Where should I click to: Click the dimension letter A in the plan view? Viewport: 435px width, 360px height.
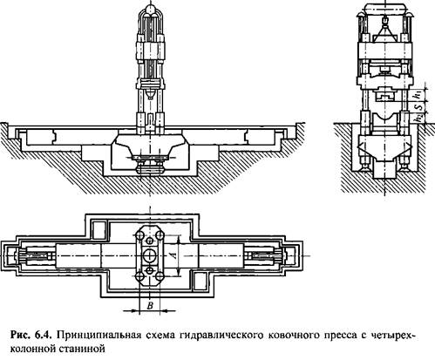coord(173,255)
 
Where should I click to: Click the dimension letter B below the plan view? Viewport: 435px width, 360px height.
coord(150,306)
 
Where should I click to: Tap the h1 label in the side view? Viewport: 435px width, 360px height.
coord(418,94)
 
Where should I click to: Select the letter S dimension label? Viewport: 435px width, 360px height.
coord(418,107)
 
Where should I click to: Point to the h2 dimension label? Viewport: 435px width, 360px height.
coord(418,119)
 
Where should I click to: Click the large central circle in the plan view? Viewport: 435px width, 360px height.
coord(150,255)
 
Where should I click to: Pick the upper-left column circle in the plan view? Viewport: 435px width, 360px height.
coord(139,235)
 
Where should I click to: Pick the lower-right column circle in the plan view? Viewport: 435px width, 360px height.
coord(160,275)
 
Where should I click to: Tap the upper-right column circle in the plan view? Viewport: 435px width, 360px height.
coord(160,235)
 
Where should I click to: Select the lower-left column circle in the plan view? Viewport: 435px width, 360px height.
coord(139,275)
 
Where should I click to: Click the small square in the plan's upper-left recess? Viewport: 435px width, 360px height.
coord(99,230)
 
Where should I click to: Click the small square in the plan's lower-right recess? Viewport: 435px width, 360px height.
coord(201,282)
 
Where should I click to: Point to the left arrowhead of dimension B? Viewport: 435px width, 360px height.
coord(136,311)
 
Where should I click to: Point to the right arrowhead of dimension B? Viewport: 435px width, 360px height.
coord(164,311)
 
